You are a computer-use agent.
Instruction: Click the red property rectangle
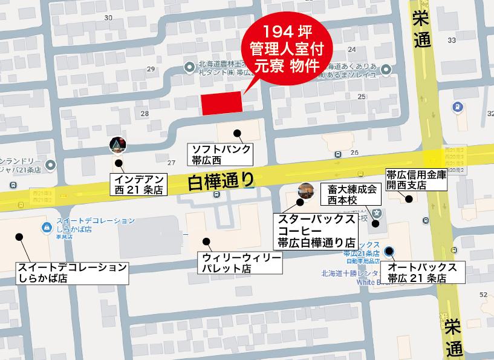221,103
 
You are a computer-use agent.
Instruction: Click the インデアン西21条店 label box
138,183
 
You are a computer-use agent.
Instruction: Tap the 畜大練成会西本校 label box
353,194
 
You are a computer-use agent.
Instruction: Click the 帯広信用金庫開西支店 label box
417,180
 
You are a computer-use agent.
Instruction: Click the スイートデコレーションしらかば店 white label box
73,273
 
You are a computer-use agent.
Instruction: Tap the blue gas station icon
458,108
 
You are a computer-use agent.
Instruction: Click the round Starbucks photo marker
305,189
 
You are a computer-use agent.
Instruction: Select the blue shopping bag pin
47,227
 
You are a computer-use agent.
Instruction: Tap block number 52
483,294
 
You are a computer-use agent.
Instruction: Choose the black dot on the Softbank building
238,133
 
